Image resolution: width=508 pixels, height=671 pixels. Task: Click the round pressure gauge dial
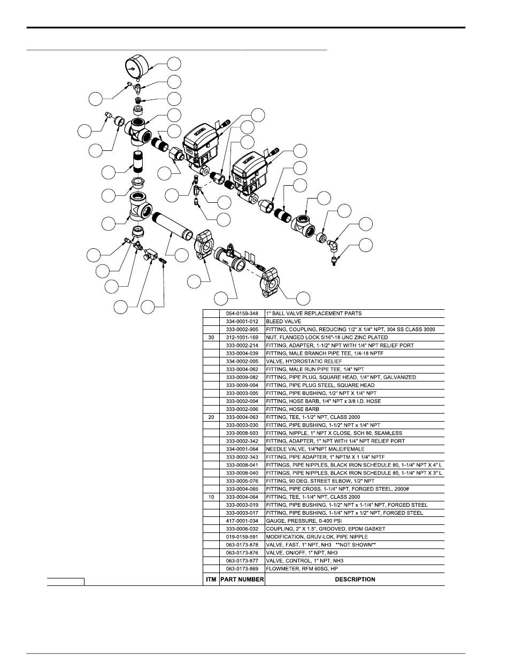pos(137,67)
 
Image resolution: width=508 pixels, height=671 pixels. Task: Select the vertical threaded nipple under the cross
pos(138,161)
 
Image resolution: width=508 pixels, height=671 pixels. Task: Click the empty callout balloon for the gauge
pos(174,64)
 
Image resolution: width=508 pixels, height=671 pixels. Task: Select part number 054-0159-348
pos(242,314)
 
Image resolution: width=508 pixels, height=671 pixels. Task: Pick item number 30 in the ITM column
pos(211,338)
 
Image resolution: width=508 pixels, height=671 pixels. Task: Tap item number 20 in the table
pos(211,417)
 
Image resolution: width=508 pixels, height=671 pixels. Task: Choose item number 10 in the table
pos(211,497)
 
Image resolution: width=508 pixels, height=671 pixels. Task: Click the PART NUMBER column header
pos(242,579)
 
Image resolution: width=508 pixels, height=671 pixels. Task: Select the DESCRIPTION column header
pos(355,579)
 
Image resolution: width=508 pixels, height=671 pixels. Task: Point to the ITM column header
pos(211,579)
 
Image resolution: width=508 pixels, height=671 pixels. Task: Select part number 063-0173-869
pos(242,568)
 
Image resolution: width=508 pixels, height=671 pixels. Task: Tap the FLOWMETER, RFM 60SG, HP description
pos(302,568)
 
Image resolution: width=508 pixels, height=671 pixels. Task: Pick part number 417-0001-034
pos(242,521)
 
